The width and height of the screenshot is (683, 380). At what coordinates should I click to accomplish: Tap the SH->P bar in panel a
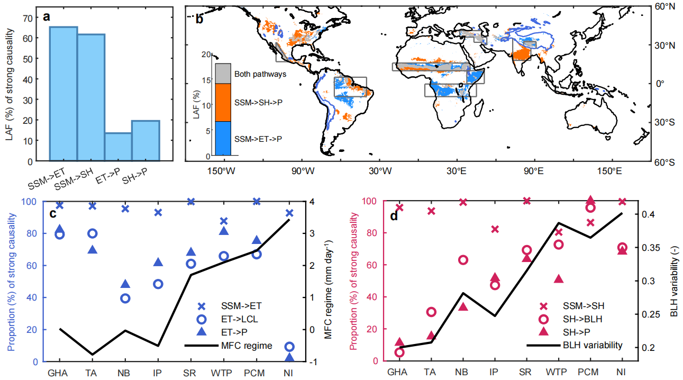point(145,141)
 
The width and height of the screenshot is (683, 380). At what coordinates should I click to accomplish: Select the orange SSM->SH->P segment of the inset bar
point(223,103)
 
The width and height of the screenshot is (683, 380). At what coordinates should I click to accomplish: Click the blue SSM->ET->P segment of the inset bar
point(223,138)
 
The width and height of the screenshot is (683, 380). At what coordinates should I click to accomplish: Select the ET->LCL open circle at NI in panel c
point(289,347)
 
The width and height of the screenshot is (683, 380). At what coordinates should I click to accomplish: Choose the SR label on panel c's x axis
point(191,372)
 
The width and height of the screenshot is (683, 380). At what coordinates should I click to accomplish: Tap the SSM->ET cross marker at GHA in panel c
point(59,205)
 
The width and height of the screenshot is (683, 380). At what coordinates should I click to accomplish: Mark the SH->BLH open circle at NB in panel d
point(463,260)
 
